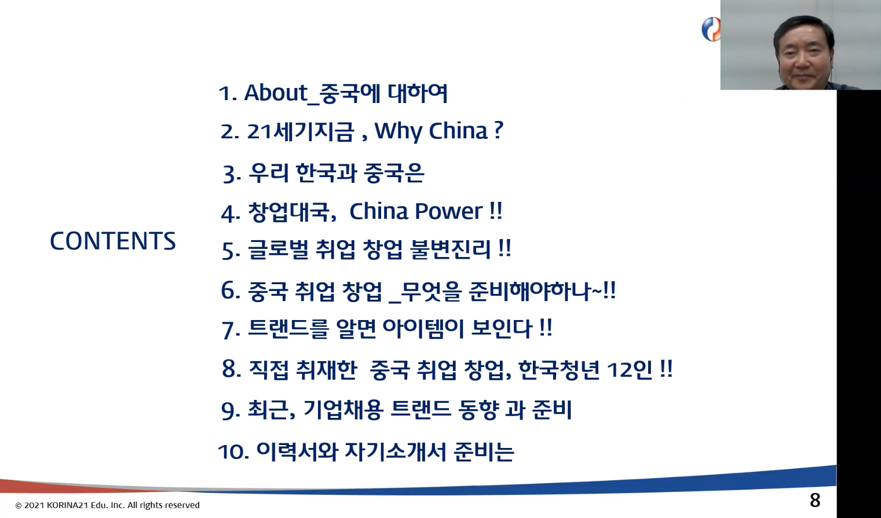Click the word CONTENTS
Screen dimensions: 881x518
113,241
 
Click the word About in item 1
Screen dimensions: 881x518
276,93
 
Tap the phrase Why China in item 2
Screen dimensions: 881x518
431,131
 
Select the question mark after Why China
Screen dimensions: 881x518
498,130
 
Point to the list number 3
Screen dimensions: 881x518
232,175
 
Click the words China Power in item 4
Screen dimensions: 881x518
416,211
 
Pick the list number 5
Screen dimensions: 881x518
231,251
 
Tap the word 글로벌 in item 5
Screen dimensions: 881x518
278,249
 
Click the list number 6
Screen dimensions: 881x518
231,291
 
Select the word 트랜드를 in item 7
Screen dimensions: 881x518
288,329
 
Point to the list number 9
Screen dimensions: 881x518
231,411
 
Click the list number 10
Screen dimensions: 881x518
233,451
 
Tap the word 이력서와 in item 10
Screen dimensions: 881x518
297,451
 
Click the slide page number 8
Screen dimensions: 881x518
815,500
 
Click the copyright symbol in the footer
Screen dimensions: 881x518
19,505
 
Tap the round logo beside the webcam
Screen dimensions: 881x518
711,29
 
